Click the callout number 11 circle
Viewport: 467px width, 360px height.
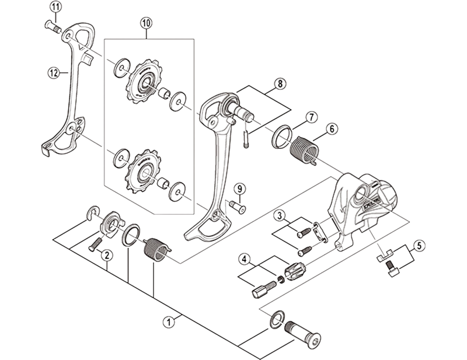(55, 8)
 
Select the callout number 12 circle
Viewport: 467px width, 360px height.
(54, 73)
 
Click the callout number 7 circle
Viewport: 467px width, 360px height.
(312, 117)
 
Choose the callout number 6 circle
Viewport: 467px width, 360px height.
(330, 128)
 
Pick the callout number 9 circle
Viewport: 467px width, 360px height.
(238, 188)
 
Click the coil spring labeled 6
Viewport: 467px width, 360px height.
(304, 149)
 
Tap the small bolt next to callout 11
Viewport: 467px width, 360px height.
(53, 25)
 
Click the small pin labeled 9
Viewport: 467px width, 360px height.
(237, 205)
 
